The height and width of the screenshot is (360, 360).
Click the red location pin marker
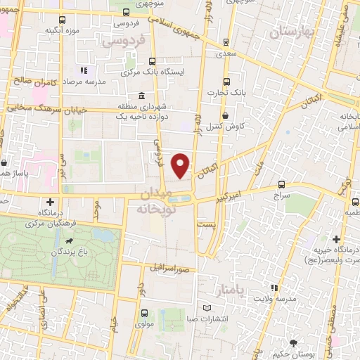[181, 165]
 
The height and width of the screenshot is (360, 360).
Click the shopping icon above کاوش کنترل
[225, 115]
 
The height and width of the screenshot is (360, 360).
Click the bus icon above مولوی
[144, 314]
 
